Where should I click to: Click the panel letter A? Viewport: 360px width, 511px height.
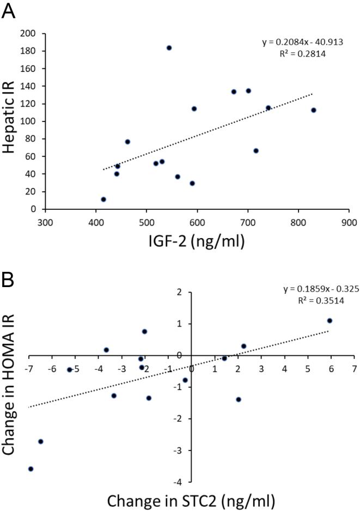(9, 10)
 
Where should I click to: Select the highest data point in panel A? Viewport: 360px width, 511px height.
(169, 48)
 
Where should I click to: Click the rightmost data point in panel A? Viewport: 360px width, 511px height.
(313, 110)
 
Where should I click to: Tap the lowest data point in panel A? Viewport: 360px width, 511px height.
(103, 199)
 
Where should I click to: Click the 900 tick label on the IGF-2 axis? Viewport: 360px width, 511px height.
(349, 222)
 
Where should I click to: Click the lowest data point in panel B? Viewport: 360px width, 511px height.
(30, 469)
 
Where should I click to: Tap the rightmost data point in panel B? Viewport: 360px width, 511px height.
(330, 321)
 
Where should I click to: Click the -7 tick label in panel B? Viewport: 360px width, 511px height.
(28, 369)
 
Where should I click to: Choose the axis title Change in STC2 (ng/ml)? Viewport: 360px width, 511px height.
(191, 500)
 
